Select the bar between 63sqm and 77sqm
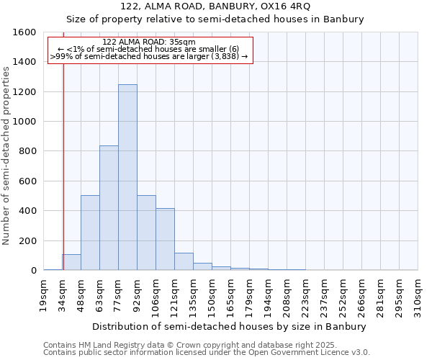click(x=109, y=208)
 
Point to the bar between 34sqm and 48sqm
click(x=71, y=262)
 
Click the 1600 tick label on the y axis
click(x=24, y=32)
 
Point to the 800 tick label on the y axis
click(x=27, y=151)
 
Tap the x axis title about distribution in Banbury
click(x=230, y=326)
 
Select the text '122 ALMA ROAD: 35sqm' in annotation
click(x=149, y=42)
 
